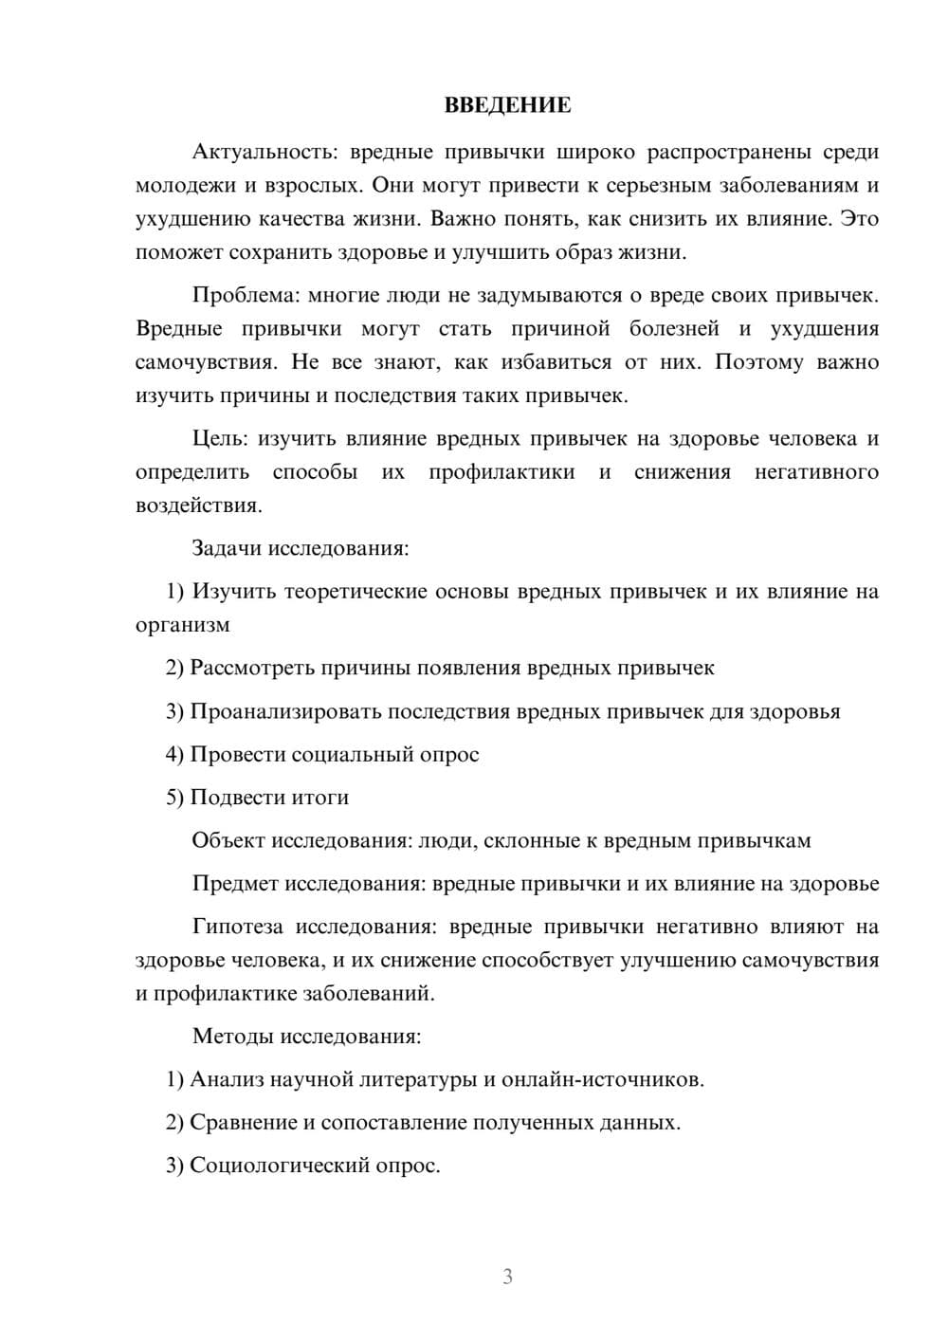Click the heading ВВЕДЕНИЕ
[507, 105]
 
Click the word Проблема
[245, 295]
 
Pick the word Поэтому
[759, 362]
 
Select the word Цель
[219, 438]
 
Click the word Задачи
[228, 548]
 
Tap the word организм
[182, 625]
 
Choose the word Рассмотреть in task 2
[252, 668]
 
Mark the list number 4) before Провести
[174, 755]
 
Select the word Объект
[228, 840]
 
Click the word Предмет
[235, 884]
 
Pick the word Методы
[230, 1036]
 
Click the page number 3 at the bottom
[507, 1277]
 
